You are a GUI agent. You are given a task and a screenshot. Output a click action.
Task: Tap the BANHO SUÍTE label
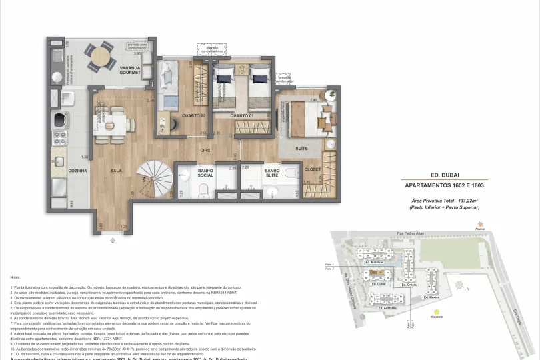(271, 174)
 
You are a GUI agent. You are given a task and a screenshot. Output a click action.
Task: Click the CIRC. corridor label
(206, 151)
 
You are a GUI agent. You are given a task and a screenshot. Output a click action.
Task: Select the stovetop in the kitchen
(60, 121)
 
